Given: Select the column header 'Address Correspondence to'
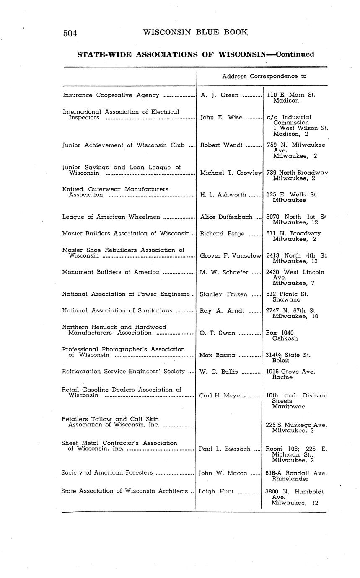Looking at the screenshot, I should (264, 76).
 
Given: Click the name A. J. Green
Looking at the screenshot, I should (220, 95).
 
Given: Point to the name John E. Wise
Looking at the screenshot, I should (221, 118).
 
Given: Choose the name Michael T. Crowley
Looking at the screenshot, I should (231, 173).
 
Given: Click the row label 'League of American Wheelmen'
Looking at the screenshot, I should (111, 217).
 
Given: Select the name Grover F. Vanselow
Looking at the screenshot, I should (231, 255).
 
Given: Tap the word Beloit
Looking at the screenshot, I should (280, 361).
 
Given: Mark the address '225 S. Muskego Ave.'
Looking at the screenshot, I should (296, 425).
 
